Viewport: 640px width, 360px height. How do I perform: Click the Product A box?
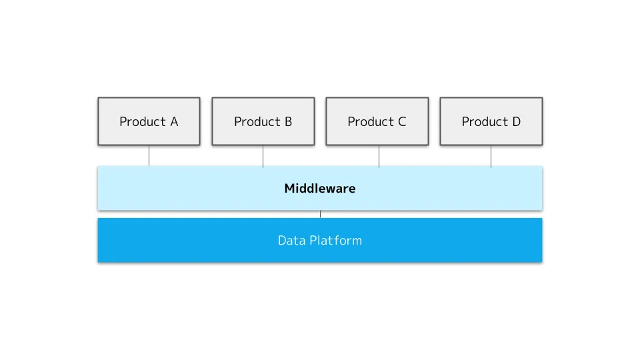[x=149, y=121]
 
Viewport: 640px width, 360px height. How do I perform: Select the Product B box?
[x=263, y=121]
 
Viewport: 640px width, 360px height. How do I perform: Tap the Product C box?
[x=377, y=121]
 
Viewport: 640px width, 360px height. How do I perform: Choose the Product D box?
[x=491, y=121]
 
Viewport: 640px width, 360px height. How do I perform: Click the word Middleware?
[x=320, y=189]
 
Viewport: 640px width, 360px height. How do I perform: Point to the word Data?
[x=291, y=241]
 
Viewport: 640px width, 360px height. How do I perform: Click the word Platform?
[x=335, y=241]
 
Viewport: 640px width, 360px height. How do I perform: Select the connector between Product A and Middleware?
[x=149, y=155]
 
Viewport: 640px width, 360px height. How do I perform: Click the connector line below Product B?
[x=263, y=156]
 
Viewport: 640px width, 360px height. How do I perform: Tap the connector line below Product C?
[x=379, y=156]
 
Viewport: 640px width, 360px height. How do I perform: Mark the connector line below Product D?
[x=491, y=156]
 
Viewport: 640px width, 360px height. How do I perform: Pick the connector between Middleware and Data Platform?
[x=321, y=214]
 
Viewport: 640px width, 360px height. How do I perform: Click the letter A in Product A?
[x=174, y=121]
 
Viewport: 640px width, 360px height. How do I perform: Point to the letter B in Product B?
[x=288, y=121]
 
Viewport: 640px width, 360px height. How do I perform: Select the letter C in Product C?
[x=402, y=121]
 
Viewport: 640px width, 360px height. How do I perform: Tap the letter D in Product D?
[x=516, y=121]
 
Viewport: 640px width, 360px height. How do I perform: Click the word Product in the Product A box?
[x=143, y=121]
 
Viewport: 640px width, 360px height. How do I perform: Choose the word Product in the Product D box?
[x=485, y=121]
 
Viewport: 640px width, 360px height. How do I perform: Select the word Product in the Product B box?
[x=257, y=121]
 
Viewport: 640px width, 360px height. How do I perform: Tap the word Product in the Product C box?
[x=371, y=121]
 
